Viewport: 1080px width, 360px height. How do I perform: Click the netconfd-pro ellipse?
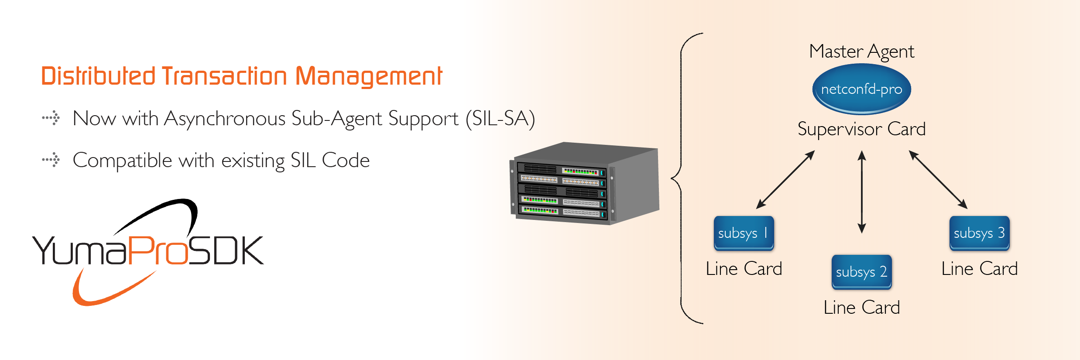(861, 89)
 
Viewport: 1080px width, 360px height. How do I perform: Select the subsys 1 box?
(744, 233)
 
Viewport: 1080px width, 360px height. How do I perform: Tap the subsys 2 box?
(861, 272)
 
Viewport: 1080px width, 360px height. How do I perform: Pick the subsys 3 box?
(979, 233)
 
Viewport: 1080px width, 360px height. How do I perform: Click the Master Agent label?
(861, 51)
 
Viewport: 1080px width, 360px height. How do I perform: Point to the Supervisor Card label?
(861, 129)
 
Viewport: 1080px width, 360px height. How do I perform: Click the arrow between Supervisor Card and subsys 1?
(785, 179)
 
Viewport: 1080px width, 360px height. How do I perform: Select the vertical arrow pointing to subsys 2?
(861, 192)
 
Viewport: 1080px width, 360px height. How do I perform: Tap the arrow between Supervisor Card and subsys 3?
(938, 179)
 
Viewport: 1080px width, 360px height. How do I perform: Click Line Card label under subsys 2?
(861, 308)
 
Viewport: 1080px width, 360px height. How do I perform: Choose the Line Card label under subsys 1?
(744, 269)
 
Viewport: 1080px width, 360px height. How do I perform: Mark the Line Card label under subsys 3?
(979, 269)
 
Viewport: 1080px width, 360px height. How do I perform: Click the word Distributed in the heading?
(98, 76)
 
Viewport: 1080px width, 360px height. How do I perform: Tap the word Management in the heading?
(369, 76)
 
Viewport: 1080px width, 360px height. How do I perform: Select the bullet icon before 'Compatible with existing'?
(51, 160)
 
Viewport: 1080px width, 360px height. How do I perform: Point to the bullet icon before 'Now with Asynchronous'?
(51, 118)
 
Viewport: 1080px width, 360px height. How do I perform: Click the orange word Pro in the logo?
(157, 251)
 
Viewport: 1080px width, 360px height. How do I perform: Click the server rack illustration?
(585, 183)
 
